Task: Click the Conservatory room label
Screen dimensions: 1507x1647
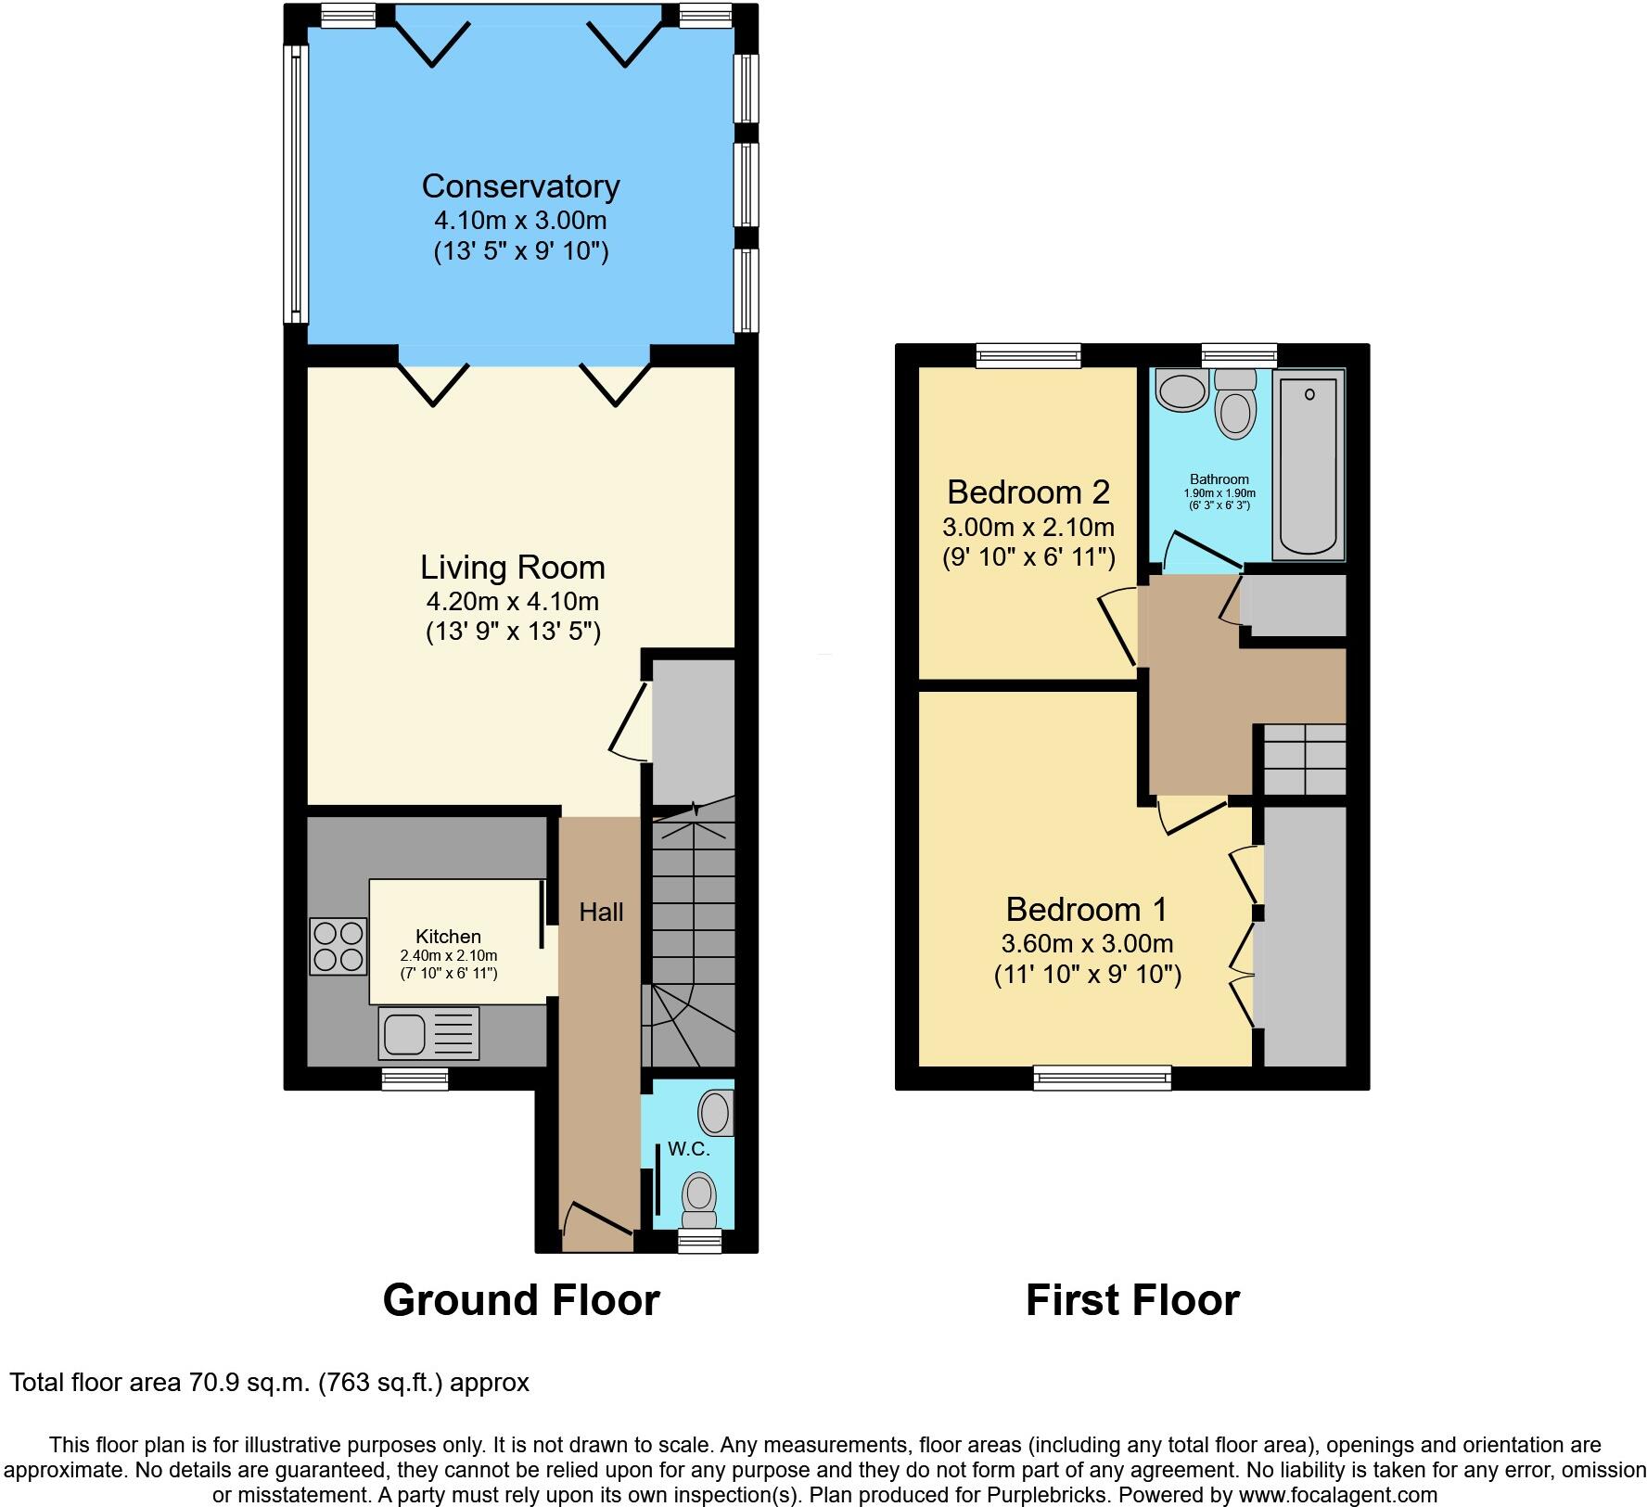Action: tap(520, 186)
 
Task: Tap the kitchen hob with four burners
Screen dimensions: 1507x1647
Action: tap(338, 946)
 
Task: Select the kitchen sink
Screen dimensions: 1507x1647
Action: tap(428, 1033)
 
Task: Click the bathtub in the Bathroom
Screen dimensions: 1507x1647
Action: tap(1309, 463)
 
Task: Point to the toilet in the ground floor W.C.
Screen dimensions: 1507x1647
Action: tap(699, 1198)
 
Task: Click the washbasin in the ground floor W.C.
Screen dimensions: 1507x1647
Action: tap(715, 1113)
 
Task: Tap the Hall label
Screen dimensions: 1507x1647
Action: tap(601, 913)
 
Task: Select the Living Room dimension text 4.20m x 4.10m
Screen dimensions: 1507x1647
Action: tap(512, 601)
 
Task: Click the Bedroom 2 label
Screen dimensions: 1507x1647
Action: tap(1028, 492)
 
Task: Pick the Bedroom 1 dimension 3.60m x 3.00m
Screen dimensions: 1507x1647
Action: tap(1087, 944)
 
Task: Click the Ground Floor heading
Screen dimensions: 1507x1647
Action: tap(521, 1300)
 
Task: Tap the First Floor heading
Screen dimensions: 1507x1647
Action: tap(1132, 1300)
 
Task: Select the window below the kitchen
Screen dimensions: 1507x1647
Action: tap(415, 1078)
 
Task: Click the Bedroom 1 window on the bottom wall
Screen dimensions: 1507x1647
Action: tap(1103, 1078)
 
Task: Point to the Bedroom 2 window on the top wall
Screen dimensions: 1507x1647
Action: tap(1029, 354)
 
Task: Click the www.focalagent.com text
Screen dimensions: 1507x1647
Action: tap(1337, 1495)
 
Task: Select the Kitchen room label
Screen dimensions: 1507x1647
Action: tap(448, 937)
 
